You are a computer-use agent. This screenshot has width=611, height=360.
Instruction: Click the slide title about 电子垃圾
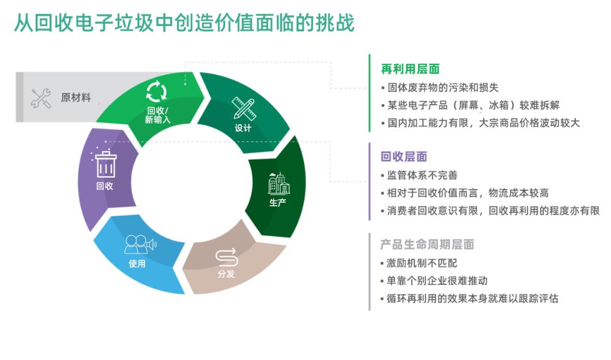click(x=184, y=24)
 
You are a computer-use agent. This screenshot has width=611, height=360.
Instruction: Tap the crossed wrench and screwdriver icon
click(x=41, y=98)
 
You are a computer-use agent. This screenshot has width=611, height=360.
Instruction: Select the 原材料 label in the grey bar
click(x=76, y=98)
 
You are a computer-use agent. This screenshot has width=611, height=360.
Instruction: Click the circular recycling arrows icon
click(x=157, y=92)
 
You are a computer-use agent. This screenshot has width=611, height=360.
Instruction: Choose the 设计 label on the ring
click(x=243, y=128)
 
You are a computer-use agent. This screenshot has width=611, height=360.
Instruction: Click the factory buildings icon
click(x=278, y=183)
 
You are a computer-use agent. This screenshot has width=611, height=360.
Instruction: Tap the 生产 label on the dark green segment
click(x=278, y=202)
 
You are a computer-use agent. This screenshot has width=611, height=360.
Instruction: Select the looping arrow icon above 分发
click(x=226, y=257)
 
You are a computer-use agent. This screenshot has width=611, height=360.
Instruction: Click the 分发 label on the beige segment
click(x=226, y=275)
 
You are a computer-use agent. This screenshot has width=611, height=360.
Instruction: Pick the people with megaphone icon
click(x=139, y=245)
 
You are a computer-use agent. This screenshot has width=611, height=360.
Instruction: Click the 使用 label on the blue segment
click(x=137, y=264)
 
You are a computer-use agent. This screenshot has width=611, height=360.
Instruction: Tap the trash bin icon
click(x=105, y=164)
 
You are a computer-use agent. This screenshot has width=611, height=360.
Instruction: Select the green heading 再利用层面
click(x=410, y=69)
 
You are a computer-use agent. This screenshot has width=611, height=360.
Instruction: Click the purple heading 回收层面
click(x=404, y=157)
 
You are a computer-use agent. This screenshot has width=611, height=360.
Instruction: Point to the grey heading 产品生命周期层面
click(x=427, y=245)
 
